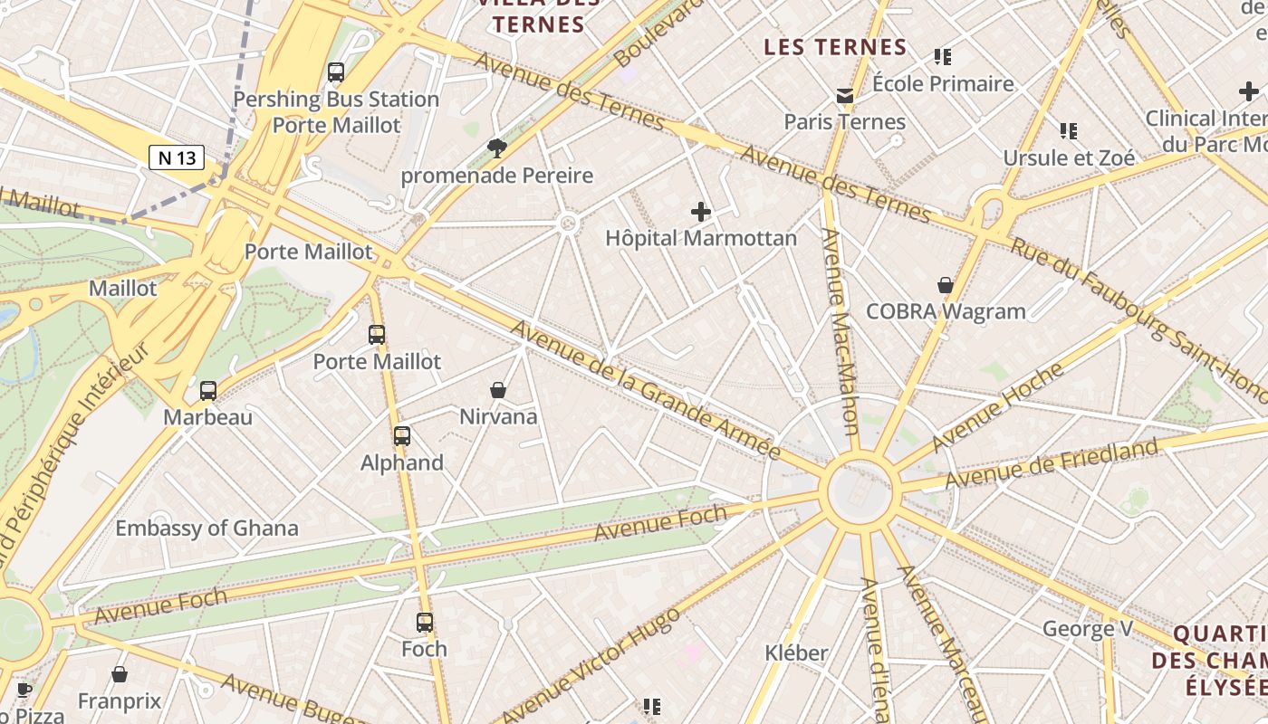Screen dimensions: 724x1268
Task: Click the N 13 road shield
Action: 177,157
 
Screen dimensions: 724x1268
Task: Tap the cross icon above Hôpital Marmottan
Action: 701,213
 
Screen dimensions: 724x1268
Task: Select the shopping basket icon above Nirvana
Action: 498,390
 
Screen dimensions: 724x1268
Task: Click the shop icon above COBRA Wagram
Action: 946,285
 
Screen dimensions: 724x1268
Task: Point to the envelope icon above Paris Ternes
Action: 845,96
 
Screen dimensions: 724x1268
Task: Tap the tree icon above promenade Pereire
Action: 496,148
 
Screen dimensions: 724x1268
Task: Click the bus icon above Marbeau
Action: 208,391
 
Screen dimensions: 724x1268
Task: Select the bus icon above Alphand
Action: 402,436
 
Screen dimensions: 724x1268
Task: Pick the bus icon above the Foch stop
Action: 425,623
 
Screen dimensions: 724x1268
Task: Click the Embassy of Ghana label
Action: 207,529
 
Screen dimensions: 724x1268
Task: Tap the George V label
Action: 1081,628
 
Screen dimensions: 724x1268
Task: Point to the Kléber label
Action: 796,653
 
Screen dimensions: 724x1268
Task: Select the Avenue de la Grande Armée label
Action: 645,390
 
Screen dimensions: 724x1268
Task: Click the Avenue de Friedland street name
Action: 1051,462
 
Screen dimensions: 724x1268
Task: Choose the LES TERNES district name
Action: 835,47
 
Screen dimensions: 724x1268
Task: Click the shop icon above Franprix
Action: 120,675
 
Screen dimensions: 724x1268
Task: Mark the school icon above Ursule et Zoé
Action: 1069,131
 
